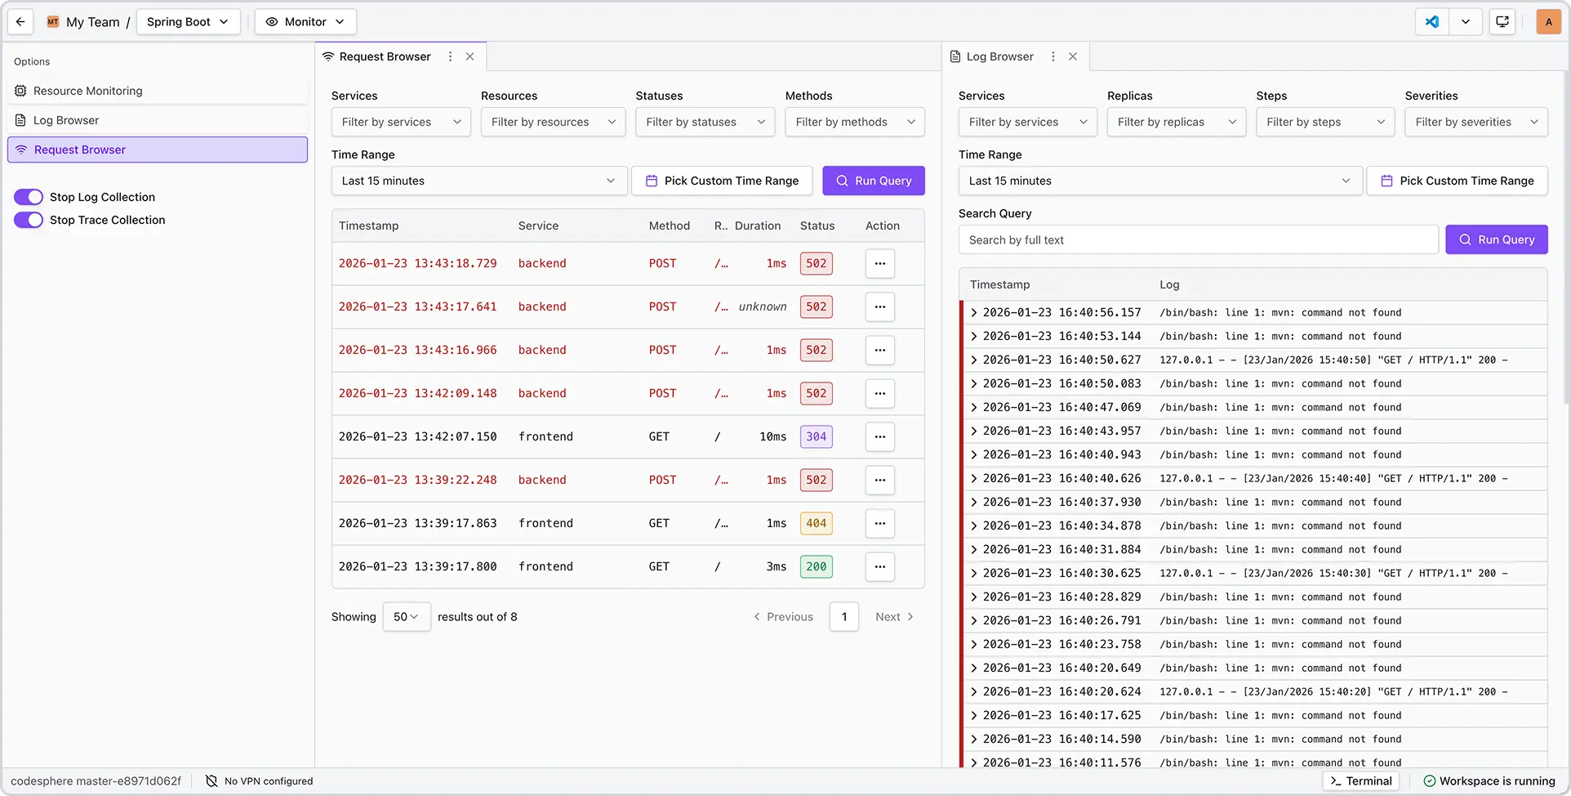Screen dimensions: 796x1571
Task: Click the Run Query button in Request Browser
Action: [x=873, y=181]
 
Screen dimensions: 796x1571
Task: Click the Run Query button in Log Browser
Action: [x=1496, y=239]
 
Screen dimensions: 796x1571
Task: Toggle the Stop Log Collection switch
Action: [x=29, y=197]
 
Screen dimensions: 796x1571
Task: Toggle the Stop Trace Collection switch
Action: [x=29, y=220]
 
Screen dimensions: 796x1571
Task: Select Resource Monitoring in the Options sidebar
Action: [x=87, y=91]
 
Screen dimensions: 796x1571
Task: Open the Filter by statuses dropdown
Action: [x=705, y=122]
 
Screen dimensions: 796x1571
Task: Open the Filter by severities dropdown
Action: [x=1475, y=122]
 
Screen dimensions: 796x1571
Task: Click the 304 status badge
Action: [x=816, y=436]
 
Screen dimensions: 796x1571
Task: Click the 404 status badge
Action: [x=816, y=523]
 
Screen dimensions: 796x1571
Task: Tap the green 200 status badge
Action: [x=816, y=566]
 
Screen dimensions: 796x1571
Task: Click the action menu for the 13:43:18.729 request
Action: [x=879, y=263]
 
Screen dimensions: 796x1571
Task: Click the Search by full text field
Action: [x=1198, y=239]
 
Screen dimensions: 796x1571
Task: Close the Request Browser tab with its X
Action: [x=470, y=56]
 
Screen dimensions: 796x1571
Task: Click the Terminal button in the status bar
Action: [x=1360, y=781]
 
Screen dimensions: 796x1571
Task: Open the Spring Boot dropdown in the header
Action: [x=188, y=22]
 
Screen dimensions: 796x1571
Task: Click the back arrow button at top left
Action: [x=20, y=22]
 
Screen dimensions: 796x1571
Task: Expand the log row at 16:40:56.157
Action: [x=973, y=312]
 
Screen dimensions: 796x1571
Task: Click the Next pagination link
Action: [x=894, y=617]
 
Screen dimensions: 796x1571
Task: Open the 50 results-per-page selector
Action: [x=406, y=617]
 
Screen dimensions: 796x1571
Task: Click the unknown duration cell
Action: [x=763, y=306]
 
